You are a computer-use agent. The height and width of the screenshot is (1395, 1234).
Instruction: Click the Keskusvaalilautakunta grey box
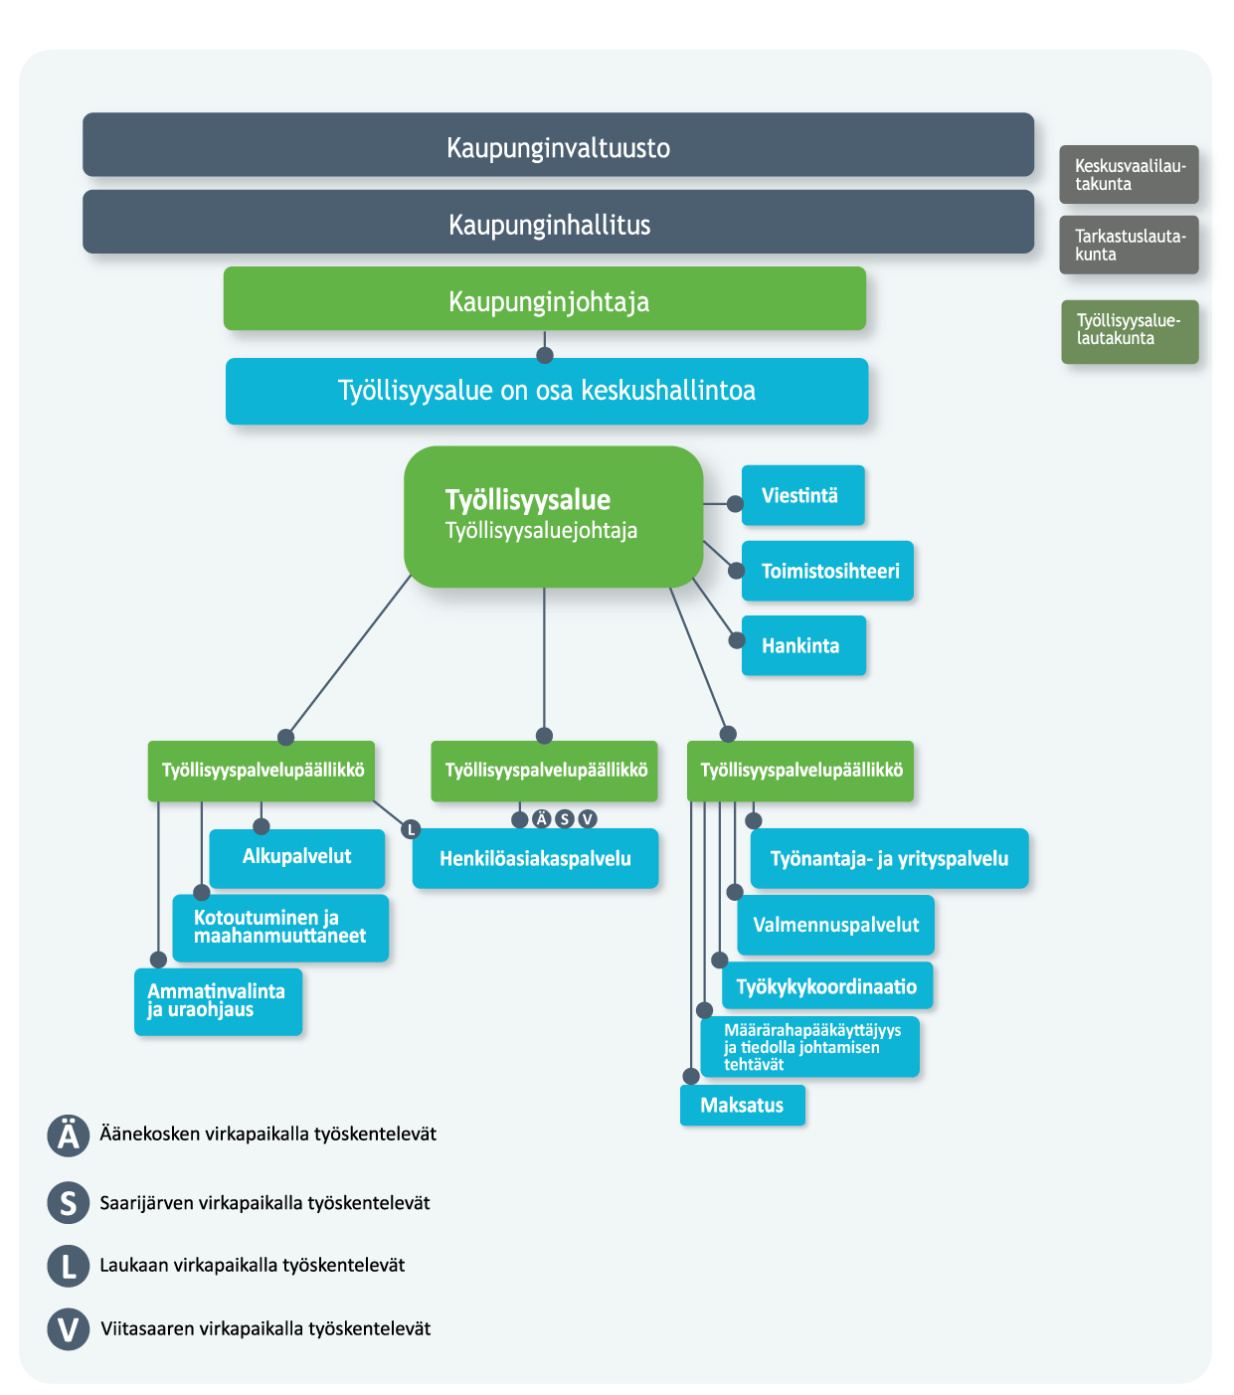1129,175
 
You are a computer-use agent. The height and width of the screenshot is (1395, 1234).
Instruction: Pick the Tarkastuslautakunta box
1129,245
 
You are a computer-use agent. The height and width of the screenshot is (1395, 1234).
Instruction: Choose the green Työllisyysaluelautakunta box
1130,331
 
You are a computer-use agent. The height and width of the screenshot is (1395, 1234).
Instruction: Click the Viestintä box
802,495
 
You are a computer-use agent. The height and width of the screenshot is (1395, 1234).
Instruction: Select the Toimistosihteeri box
827,571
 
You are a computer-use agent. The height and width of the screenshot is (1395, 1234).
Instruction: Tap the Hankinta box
803,645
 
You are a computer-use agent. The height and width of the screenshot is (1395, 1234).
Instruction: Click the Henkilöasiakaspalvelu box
535,859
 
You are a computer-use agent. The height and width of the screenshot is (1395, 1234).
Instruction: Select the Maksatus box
742,1106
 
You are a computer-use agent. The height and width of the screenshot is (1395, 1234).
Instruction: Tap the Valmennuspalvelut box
835,925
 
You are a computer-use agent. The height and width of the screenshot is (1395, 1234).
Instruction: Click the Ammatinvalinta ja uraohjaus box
218,1001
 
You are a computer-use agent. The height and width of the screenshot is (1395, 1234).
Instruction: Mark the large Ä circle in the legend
69,1134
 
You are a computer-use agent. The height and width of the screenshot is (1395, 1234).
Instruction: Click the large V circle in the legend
69,1329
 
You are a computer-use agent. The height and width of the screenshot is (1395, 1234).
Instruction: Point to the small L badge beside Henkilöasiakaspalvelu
411,828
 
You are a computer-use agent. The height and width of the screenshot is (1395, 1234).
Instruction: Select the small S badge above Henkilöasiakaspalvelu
565,818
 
